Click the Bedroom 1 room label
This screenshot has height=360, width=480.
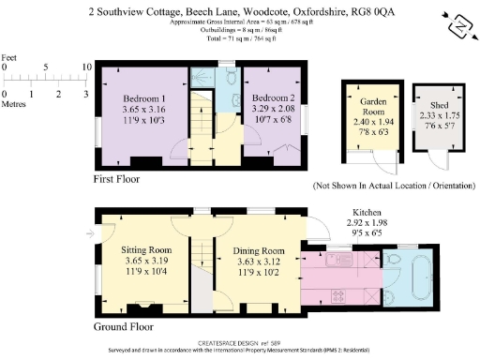[x=145, y=98]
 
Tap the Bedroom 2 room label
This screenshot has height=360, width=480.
[x=275, y=97]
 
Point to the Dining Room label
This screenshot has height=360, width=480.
[x=258, y=250]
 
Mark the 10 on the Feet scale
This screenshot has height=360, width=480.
[x=86, y=67]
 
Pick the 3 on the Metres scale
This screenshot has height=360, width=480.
[x=86, y=95]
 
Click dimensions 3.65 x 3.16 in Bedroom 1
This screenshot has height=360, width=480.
[x=145, y=110]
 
